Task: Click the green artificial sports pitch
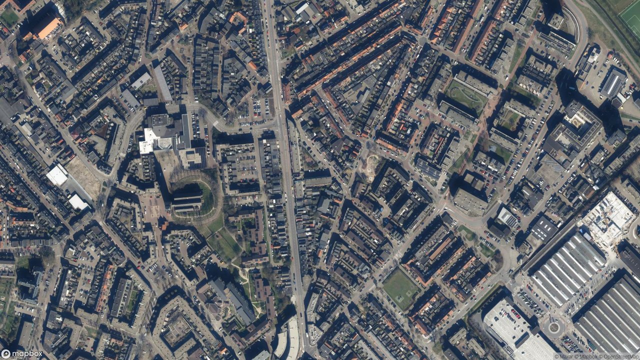point(630,17)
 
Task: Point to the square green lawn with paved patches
point(400,288)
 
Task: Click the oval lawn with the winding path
point(465,94)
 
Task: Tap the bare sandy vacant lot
point(84,177)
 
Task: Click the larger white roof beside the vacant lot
point(57,175)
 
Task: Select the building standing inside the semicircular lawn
point(187,200)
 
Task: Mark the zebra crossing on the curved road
point(216,123)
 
